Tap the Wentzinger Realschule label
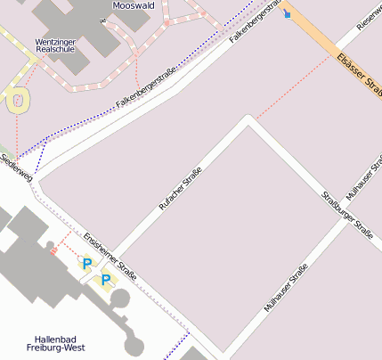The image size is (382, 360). pos(61,47)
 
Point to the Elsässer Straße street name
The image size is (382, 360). pos(360,71)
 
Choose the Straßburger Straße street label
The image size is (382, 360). pos(347,214)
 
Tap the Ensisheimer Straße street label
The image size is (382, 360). pos(110,257)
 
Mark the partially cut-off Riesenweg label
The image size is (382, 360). pos(369,16)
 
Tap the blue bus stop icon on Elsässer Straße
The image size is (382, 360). pos(287,13)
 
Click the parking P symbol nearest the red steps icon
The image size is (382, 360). pos(87,263)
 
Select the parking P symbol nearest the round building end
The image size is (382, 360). pos(106,280)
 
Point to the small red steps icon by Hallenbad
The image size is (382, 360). pos(53,250)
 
